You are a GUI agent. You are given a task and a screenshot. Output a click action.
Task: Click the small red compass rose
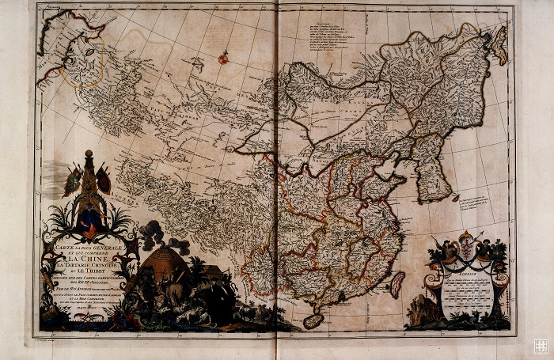223,57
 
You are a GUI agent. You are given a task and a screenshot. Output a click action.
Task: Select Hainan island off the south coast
313,320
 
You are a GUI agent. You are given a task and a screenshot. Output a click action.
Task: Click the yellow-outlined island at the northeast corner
499,45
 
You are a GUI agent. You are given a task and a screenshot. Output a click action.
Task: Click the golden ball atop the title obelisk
89,153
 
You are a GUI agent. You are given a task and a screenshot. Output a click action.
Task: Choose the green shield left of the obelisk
74,181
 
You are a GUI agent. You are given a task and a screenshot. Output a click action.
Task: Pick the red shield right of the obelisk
104,180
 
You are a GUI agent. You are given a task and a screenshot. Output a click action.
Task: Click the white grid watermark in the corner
541,346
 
